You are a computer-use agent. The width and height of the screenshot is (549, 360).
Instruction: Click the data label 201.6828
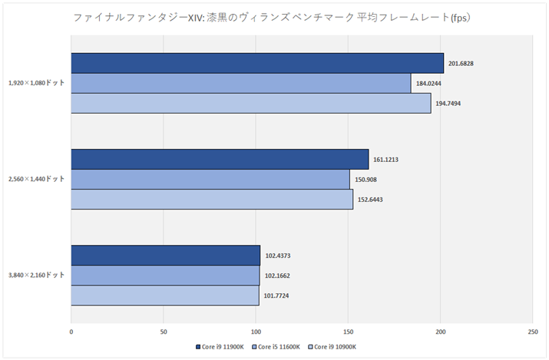(462, 63)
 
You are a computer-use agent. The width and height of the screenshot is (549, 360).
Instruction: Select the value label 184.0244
(429, 83)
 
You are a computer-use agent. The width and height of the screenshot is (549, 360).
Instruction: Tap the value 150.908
(365, 180)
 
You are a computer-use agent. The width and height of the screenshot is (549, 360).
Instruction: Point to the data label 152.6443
(372, 200)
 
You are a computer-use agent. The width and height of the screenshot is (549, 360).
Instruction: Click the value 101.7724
(278, 296)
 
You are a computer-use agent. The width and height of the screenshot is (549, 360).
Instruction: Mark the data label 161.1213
(387, 160)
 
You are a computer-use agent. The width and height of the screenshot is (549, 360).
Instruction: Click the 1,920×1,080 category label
(34, 83)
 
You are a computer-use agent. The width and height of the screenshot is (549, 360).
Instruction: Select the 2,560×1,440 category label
(34, 179)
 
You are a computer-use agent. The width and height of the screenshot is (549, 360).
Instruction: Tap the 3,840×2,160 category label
(34, 275)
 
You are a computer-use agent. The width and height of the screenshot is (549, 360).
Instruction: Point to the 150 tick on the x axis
(348, 332)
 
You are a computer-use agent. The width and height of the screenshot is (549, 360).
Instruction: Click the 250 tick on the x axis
(532, 332)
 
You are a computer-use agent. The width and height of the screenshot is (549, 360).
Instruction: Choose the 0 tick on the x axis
(71, 332)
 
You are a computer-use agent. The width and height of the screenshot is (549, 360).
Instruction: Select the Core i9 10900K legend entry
(335, 348)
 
